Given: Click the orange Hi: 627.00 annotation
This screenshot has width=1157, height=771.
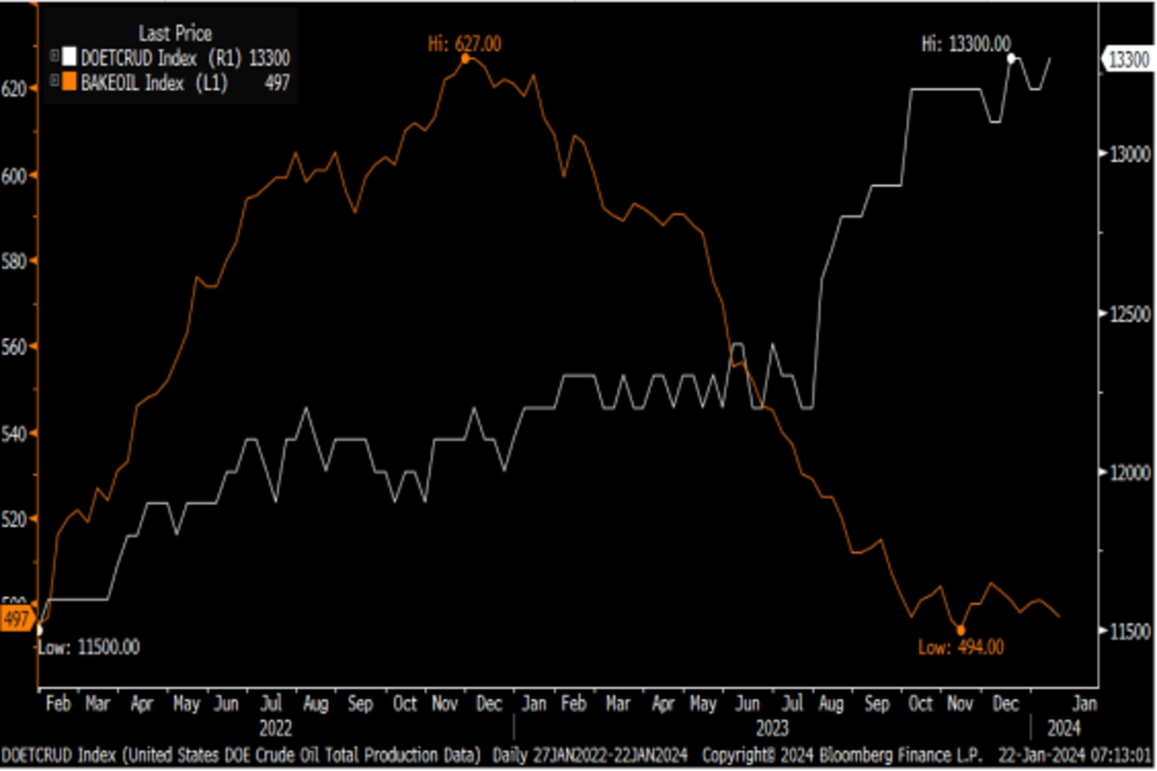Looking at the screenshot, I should [x=466, y=43].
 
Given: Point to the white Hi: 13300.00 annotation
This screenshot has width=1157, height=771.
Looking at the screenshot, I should [x=966, y=43].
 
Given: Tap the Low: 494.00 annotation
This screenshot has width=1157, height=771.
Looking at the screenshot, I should [x=960, y=648].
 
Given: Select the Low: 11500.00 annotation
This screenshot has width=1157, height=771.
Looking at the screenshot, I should [x=89, y=647].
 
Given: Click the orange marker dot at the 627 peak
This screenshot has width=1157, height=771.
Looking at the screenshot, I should [x=466, y=59].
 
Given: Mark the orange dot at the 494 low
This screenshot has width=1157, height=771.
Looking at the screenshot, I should [x=960, y=629].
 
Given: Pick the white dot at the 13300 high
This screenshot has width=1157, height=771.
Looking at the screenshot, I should [x=1011, y=59].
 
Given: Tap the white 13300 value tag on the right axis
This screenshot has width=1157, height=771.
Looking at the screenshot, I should [x=1128, y=60].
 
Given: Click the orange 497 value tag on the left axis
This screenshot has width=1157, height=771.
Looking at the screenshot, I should [x=16, y=620].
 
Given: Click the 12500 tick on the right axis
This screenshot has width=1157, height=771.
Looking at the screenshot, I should [x=1124, y=314].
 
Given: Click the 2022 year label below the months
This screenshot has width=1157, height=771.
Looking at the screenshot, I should [x=275, y=727].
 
